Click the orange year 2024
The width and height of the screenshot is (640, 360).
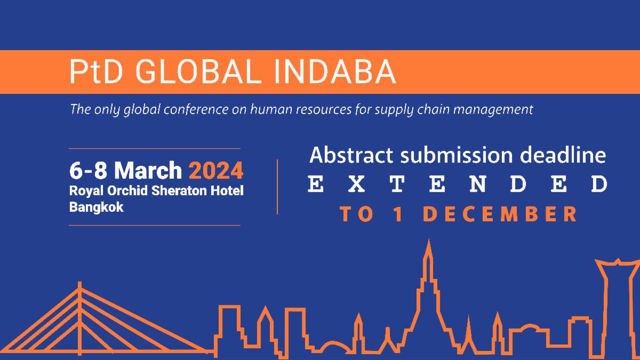[x=216, y=171]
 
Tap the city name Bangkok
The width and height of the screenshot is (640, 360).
[x=96, y=207]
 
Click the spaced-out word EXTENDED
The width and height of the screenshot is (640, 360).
[x=458, y=185]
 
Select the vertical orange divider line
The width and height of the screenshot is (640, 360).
[x=277, y=187]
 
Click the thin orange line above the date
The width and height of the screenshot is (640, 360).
[x=155, y=148]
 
